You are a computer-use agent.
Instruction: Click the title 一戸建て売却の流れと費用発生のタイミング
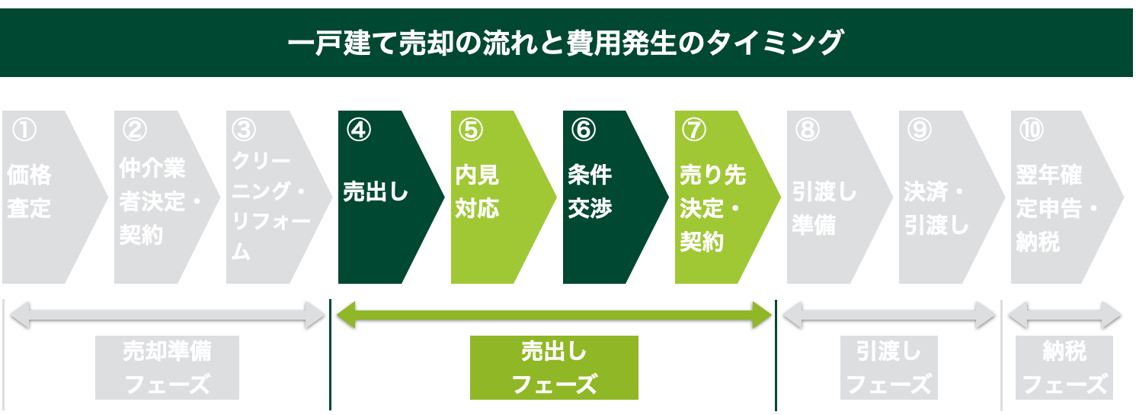565,43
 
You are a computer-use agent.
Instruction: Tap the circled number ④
359,130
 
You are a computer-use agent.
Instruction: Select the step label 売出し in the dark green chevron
376,192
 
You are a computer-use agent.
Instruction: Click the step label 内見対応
477,191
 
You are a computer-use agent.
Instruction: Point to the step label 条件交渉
590,191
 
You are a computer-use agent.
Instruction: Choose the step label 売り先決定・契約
712,208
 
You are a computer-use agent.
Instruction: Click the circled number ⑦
694,130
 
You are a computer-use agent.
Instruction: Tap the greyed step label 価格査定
29,191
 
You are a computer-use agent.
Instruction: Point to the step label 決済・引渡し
936,209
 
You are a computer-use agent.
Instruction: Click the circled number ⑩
1032,130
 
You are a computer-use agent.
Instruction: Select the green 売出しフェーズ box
554,367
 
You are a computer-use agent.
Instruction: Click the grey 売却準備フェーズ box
167,367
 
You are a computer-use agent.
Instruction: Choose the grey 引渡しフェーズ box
888,367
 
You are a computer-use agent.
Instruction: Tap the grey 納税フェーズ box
1064,367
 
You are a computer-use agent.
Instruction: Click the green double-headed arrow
554,315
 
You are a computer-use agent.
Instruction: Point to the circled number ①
24,130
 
